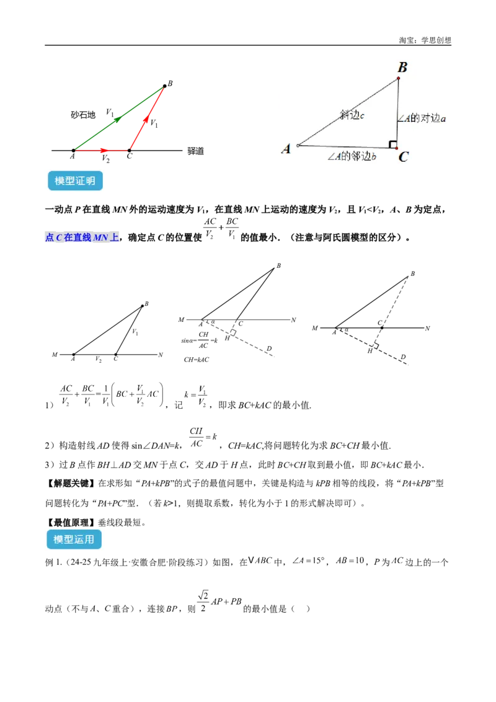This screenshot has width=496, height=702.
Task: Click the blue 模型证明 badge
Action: point(75,181)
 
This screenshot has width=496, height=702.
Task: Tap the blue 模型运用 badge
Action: point(74,540)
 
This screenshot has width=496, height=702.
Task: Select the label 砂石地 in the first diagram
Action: point(83,115)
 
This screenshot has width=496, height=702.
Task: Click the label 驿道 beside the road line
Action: point(196,151)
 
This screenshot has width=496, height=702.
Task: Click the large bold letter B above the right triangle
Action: point(402,67)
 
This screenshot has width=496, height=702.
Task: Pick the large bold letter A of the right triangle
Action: point(286,148)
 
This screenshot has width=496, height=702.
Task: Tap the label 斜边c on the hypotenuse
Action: point(352,115)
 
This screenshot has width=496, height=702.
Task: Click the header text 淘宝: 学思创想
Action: point(425,40)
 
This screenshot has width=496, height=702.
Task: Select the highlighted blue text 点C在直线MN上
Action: point(82,238)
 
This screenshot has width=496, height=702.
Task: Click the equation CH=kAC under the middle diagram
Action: point(197,360)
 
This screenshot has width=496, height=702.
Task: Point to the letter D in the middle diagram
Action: point(268,349)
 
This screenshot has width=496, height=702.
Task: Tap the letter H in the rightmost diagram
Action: point(370,352)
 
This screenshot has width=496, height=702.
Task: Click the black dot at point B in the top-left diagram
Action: point(165,86)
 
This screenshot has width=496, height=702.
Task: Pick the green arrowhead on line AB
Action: point(118,118)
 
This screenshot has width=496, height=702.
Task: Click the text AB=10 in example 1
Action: point(350,561)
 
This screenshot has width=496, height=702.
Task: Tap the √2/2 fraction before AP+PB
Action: point(203,602)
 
